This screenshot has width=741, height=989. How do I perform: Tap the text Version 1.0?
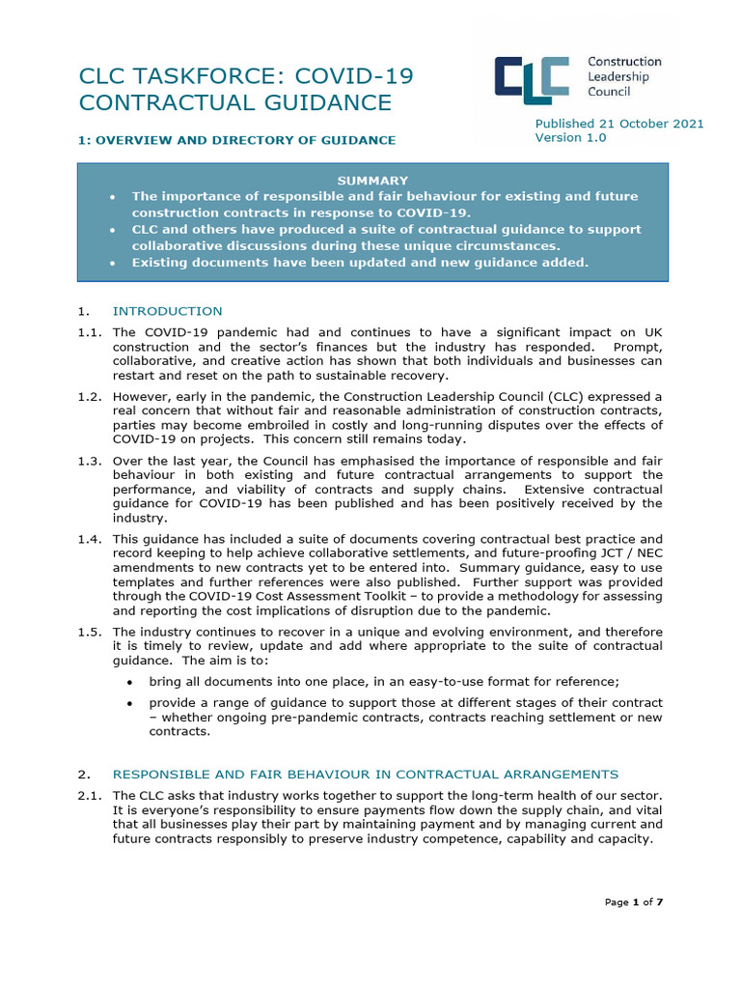571,138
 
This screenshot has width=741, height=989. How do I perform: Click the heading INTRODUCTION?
167,311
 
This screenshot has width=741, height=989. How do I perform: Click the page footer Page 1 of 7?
634,902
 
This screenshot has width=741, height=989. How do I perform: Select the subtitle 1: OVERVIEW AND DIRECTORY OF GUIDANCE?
236,140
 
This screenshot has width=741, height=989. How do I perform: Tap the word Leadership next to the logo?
618,76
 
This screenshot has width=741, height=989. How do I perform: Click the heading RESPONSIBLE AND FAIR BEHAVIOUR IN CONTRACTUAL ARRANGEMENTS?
365,774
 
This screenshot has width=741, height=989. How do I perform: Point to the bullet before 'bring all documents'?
130,682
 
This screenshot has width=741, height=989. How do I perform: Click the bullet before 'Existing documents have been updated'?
114,263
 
